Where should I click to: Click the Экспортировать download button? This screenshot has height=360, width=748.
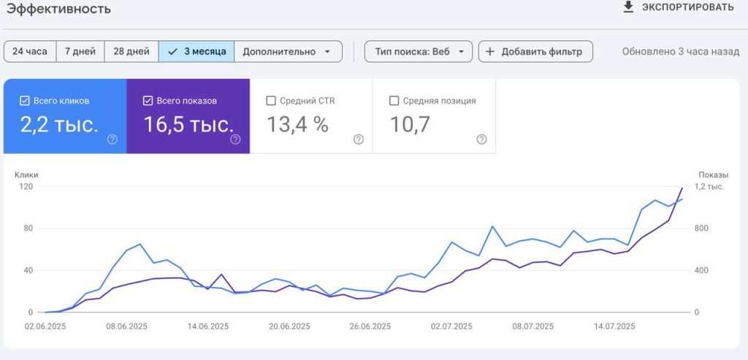tap(678, 7)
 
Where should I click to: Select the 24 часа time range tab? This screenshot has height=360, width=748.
tap(30, 52)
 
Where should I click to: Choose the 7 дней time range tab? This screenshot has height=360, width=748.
tap(80, 52)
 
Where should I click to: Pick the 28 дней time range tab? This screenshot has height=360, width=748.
tap(131, 52)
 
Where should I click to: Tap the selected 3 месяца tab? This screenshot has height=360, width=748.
tap(196, 52)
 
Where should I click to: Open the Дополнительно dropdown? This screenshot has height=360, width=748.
tap(288, 52)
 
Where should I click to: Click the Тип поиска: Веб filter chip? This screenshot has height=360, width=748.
tap(419, 52)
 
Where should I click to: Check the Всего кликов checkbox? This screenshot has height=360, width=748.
tap(24, 101)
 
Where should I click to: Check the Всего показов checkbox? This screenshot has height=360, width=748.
tap(148, 101)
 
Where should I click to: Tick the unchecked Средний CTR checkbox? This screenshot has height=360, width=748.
tap(271, 101)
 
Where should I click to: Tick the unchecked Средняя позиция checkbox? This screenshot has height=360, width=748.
tap(394, 101)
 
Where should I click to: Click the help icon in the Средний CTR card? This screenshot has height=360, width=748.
tap(359, 139)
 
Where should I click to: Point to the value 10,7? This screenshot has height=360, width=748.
tap(410, 124)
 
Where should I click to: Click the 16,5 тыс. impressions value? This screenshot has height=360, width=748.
tap(189, 124)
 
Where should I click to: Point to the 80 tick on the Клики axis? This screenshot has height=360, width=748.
tap(28, 229)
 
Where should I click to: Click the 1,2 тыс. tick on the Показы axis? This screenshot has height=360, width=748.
tap(709, 186)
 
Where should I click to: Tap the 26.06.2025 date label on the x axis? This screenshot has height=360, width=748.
tap(370, 326)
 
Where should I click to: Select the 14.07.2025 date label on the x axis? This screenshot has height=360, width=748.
tap(614, 326)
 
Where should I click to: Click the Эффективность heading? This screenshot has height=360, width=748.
tap(58, 9)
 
